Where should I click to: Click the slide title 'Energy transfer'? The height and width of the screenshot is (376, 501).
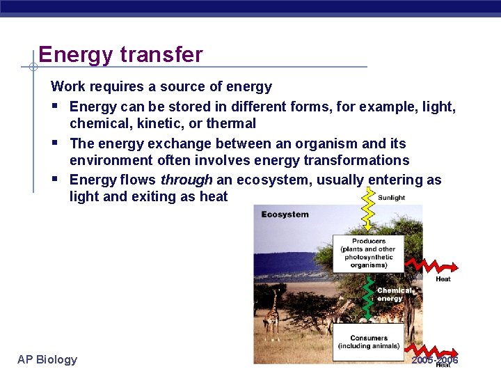tap(120, 54)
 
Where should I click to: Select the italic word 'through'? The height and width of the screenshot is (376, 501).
tap(186, 180)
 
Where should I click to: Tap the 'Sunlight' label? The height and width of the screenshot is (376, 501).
tap(391, 198)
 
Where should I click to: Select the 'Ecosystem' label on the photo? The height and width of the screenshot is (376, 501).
tap(285, 214)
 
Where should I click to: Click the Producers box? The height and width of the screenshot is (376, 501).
tap(368, 253)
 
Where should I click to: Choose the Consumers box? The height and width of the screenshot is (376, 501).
tap(368, 343)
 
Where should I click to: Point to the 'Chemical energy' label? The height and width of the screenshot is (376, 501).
tap(391, 295)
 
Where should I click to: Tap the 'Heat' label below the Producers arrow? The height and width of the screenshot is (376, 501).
tap(443, 279)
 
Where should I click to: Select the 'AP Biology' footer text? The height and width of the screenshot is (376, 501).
tap(47, 359)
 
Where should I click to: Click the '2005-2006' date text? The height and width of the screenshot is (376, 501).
tap(435, 360)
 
